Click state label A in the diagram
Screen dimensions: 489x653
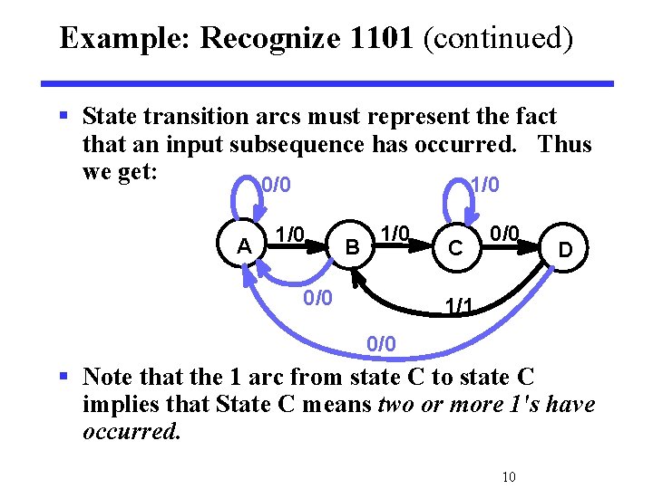243,246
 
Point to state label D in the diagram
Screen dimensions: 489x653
565,247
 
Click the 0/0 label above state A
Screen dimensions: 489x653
276,186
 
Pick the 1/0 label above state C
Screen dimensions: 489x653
484,186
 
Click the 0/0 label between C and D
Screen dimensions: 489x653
504,234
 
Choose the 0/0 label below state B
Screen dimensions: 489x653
317,297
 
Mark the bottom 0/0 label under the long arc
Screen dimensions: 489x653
381,344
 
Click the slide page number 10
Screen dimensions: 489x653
508,477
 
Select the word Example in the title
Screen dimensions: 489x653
123,38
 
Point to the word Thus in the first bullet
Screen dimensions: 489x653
563,144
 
